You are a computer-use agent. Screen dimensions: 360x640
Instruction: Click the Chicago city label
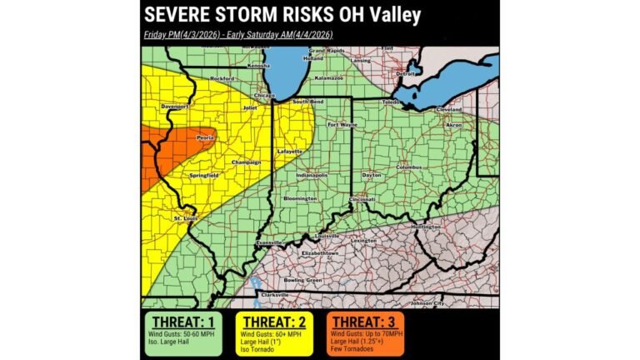(265, 96)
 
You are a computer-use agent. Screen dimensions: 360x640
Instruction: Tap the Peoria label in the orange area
(205, 137)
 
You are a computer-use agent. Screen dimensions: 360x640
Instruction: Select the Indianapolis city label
(309, 176)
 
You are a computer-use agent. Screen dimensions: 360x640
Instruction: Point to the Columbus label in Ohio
(408, 167)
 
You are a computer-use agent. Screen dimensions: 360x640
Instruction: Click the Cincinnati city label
(362, 200)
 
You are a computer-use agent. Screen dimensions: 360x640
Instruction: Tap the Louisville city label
(326, 236)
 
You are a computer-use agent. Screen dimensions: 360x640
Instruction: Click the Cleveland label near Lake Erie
(448, 109)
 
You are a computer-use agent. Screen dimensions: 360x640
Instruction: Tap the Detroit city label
(405, 73)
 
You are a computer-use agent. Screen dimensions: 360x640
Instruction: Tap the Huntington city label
(426, 226)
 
